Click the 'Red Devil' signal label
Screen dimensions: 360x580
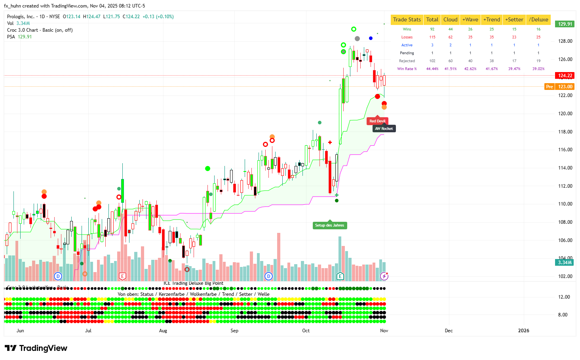[x=377, y=121]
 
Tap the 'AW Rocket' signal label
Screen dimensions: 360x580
[x=384, y=129]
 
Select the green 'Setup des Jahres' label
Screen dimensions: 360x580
[x=329, y=225]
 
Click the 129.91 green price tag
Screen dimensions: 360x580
[x=565, y=24]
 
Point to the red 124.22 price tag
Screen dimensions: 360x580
[x=565, y=76]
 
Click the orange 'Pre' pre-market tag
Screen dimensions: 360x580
[x=550, y=87]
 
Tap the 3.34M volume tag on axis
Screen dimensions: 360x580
[x=565, y=263]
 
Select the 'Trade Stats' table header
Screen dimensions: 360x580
[x=407, y=20]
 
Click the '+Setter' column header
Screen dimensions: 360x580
[x=514, y=20]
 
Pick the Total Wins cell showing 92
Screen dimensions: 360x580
[x=432, y=29]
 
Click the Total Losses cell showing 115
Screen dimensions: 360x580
[x=432, y=37]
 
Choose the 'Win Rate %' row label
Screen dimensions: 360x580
[x=407, y=69]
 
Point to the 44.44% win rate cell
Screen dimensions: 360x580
[x=432, y=69]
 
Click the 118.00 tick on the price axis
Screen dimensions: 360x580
[x=565, y=132]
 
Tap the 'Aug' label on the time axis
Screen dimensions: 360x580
[x=163, y=331]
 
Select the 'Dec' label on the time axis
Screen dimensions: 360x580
[x=449, y=331]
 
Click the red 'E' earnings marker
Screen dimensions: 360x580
[x=122, y=276]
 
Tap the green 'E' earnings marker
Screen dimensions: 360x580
[x=340, y=276]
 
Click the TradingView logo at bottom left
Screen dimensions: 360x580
[x=36, y=348]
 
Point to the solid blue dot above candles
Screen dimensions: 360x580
[x=371, y=38]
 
